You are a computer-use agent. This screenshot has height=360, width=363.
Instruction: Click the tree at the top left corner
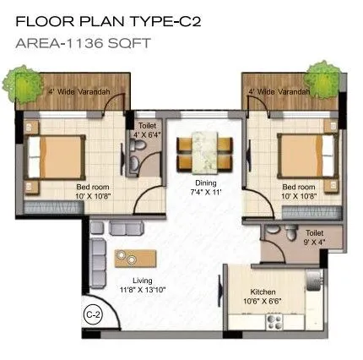(x=19, y=80)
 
